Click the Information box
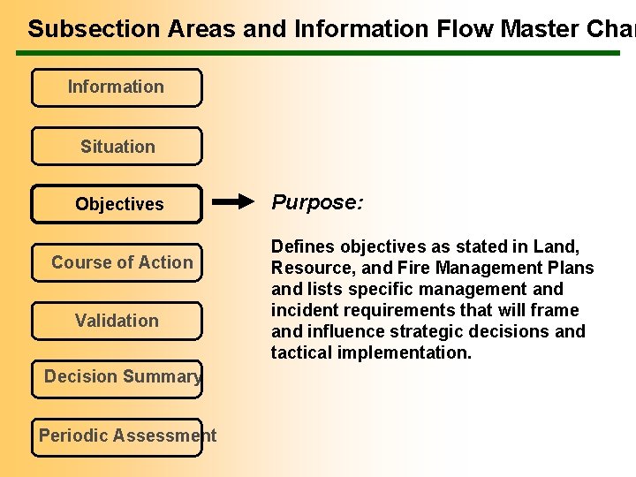point(116,87)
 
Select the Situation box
point(117,147)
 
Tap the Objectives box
point(117,204)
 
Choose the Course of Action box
point(117,262)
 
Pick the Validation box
point(117,321)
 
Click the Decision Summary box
point(117,378)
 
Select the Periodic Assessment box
point(117,436)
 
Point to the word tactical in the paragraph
point(304,352)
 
